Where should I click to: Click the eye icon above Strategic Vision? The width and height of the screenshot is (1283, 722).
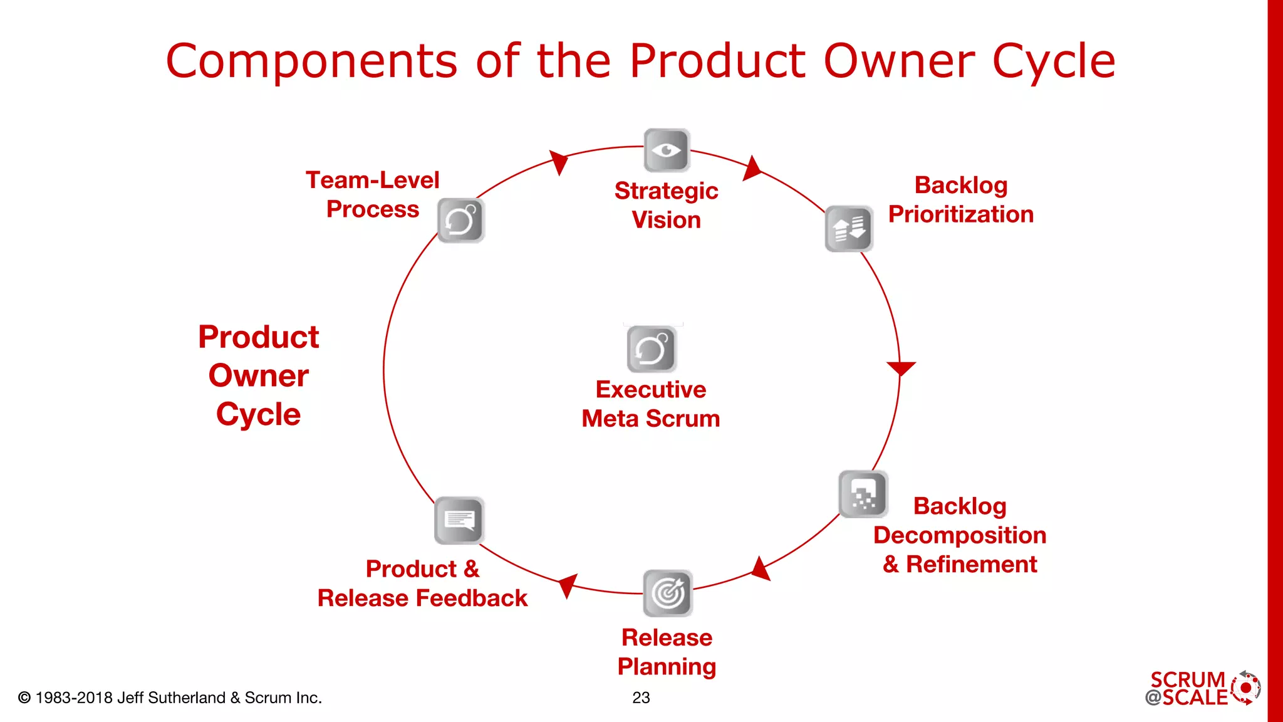coord(667,150)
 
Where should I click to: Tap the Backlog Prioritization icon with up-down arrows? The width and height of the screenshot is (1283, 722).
coord(849,229)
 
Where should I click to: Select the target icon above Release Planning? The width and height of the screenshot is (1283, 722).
coord(668,593)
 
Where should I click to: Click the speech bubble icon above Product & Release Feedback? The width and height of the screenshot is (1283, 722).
coord(459,520)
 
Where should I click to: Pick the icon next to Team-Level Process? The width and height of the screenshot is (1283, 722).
coord(461,221)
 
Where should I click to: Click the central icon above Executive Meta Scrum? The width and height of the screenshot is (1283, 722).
coord(652,349)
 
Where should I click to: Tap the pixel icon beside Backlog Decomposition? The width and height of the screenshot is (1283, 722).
coord(863,494)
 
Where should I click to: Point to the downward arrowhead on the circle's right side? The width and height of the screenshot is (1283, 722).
coord(901,368)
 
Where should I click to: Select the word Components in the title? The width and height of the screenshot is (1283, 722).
coord(311,61)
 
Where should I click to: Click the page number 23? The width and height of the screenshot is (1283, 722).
coord(641,698)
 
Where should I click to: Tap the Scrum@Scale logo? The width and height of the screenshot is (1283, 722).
coord(1202,689)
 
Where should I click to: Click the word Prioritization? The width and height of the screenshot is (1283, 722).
coord(960,214)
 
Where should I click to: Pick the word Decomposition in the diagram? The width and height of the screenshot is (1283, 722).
coord(960,535)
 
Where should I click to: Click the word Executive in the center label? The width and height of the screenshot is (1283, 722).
coord(651,389)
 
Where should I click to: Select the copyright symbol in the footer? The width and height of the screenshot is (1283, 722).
coord(24,698)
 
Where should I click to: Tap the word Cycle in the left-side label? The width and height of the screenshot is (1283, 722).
coord(258,414)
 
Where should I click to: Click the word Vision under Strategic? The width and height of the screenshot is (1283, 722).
coord(666,220)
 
